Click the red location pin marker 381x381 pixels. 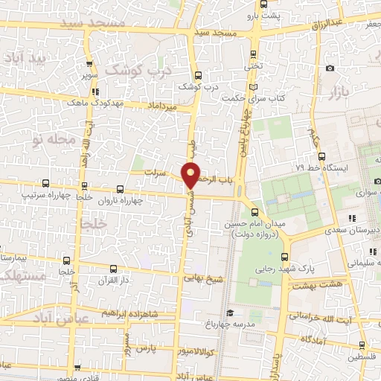[x=191, y=174]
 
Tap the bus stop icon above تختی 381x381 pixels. [x=254, y=54]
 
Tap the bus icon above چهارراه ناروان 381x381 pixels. [x=121, y=189]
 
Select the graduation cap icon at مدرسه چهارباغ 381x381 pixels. [x=230, y=313]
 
